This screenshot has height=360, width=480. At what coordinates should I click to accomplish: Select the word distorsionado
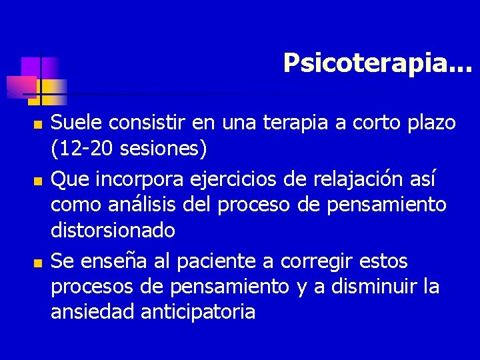(x=113, y=231)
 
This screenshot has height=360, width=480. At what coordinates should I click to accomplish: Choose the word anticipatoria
(x=199, y=311)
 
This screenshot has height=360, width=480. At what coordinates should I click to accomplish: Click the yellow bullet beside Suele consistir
(x=37, y=125)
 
